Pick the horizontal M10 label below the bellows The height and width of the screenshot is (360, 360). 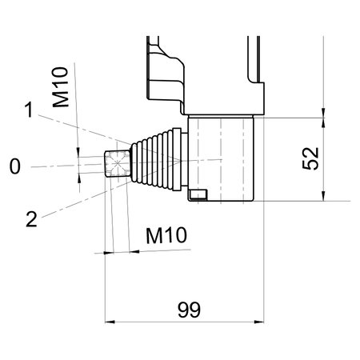pos(166,235)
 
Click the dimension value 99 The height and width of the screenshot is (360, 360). pos(188,308)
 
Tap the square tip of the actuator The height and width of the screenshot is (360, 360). pos(117,166)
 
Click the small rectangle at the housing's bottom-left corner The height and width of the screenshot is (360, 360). pos(197,194)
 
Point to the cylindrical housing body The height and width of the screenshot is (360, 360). pos(224,158)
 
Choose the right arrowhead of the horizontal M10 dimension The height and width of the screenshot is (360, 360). pos(133,251)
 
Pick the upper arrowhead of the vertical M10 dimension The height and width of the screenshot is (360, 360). pos(78,152)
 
